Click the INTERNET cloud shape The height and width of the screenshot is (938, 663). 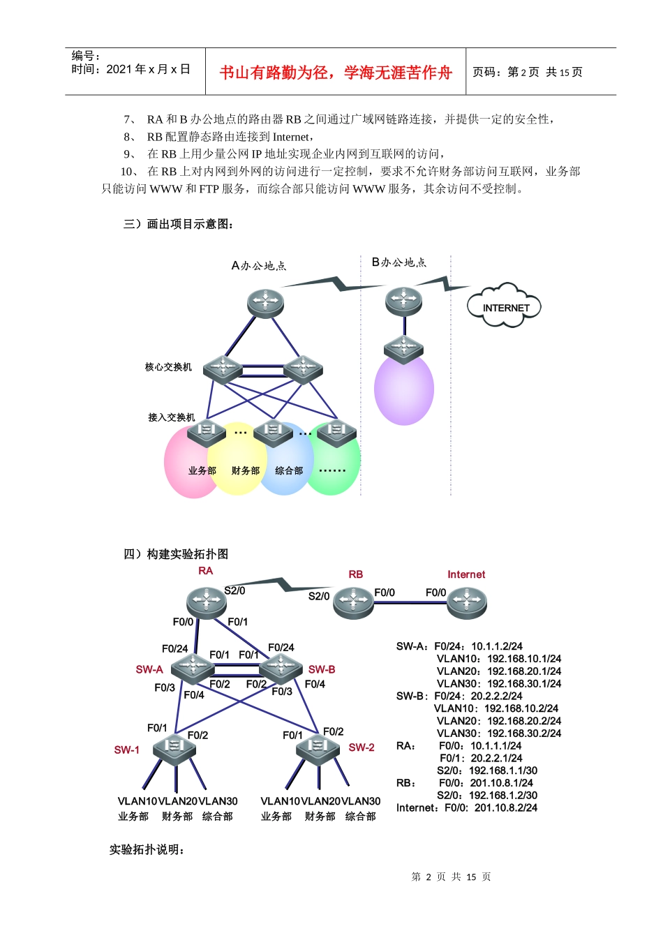505,306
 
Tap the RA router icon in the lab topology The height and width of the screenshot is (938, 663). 205,602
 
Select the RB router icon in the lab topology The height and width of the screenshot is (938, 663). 353,602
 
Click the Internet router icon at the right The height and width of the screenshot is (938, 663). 467,602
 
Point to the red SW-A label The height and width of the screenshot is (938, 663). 149,669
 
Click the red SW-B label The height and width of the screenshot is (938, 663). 322,669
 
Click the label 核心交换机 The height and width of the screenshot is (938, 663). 168,367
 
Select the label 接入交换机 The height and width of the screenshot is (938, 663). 171,417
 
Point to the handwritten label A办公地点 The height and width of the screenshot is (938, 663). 258,266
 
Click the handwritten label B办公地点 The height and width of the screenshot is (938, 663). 398,262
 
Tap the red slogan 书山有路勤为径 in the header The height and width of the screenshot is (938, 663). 336,73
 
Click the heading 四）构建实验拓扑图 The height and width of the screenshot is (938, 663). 176,554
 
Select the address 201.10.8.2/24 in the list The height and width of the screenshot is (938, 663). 506,807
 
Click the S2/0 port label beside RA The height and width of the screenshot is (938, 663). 234,590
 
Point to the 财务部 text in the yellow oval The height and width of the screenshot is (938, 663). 246,471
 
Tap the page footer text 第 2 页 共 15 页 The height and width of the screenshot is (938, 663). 451,877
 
